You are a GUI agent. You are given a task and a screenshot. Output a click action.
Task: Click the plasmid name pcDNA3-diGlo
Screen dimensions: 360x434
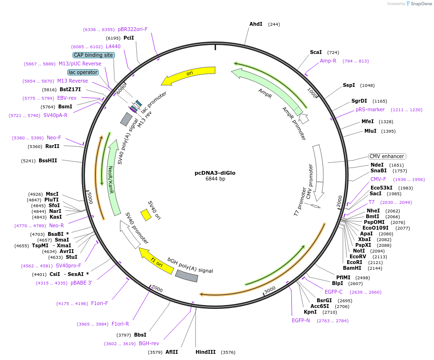(215, 173)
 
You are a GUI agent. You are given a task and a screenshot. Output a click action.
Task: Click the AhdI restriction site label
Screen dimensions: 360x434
(256, 24)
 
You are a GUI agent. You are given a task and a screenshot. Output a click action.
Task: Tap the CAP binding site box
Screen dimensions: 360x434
(93, 55)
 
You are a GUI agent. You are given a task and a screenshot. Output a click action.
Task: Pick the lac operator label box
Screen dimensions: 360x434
(83, 72)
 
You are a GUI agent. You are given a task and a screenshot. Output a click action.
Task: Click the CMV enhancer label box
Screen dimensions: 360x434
(387, 156)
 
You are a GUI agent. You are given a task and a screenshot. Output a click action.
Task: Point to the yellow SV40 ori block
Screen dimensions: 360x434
(145, 215)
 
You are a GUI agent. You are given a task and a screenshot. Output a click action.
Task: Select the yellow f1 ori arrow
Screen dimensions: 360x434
(156, 261)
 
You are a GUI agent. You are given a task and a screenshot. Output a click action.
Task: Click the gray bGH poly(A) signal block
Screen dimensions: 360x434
(186, 276)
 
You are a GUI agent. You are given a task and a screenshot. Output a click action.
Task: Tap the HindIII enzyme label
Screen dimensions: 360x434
(206, 352)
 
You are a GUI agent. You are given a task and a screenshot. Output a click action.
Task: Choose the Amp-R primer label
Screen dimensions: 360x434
(328, 61)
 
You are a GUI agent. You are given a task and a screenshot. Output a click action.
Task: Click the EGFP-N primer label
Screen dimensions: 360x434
(301, 320)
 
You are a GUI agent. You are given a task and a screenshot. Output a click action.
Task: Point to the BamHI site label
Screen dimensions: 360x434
(352, 268)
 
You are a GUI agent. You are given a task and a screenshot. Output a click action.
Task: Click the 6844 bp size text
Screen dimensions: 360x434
(215, 179)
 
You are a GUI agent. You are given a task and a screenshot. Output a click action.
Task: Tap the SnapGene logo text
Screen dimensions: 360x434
(421, 4)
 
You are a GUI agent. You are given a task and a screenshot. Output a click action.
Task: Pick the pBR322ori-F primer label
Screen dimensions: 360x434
(133, 29)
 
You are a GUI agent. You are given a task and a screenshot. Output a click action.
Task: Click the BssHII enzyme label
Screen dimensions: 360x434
(48, 160)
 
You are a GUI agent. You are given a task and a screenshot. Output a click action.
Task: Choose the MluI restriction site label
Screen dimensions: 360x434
(370, 131)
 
